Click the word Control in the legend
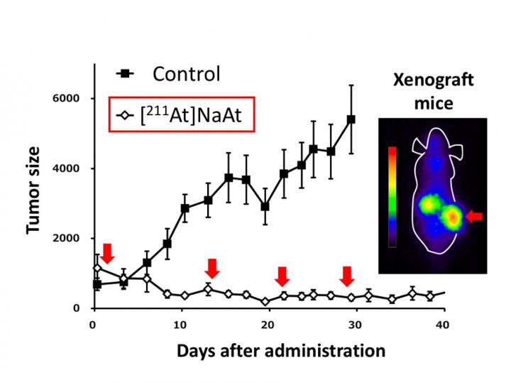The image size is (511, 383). pos(187,73)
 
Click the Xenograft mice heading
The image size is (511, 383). pos(424,92)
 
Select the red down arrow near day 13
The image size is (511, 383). pos(211,269)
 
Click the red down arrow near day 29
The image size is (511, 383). pos(347,276)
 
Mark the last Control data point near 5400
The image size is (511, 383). pos(351,119)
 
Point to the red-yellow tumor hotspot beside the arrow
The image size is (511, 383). pos(451,216)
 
